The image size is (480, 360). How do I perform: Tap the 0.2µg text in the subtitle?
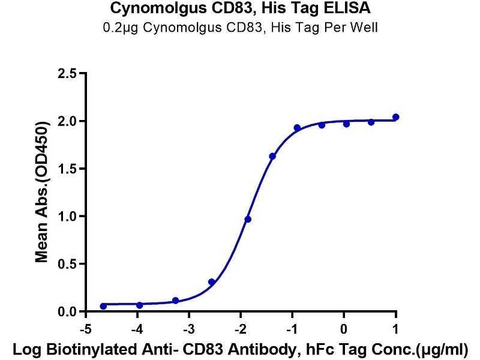pos(117,28)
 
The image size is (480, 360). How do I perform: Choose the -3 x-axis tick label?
pos(189,329)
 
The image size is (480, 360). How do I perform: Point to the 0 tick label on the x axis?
pos(344,329)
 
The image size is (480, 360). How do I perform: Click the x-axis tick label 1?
pos(395,329)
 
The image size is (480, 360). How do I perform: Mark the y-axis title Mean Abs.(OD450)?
pos(41,193)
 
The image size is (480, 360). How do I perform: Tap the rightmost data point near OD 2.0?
pos(395,117)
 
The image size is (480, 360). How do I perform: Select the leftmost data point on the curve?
pos(103,306)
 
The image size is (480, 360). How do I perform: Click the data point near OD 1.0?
pos(248,219)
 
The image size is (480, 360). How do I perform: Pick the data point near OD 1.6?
pos(272,156)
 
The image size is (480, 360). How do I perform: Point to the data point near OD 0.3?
pos(211,281)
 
